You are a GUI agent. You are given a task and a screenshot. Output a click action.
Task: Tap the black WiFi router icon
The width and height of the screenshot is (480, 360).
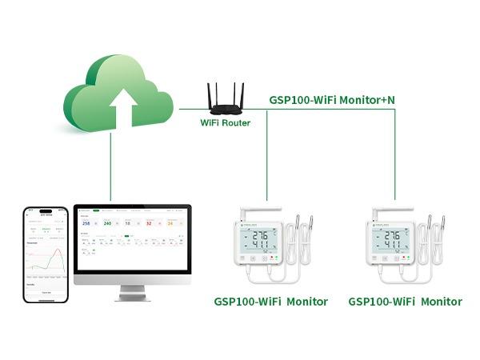point(225,101)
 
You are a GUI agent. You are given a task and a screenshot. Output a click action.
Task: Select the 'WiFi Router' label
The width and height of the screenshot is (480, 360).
point(225,123)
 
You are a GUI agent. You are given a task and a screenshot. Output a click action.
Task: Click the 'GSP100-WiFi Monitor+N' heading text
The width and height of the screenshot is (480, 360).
point(331,100)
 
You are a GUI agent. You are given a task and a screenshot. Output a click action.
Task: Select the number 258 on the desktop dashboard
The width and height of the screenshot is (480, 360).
point(86,223)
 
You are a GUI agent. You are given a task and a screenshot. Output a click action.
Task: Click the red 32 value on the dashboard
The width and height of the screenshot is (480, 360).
point(148,223)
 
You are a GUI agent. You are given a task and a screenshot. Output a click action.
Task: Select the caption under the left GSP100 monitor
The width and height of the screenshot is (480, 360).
point(270,302)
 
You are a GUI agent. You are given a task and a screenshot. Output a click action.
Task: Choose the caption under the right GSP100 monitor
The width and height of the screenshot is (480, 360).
point(405,302)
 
